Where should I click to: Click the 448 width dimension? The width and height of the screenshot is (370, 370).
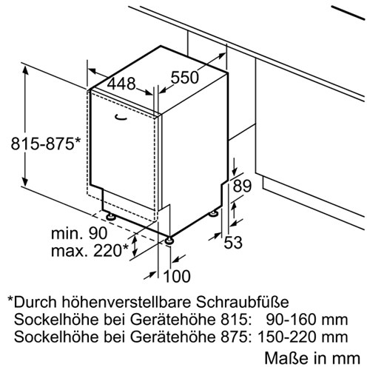(121, 84)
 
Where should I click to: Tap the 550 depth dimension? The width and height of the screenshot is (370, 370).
(185, 77)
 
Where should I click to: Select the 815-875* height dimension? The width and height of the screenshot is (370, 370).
(46, 144)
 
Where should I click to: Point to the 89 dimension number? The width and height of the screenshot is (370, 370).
(242, 186)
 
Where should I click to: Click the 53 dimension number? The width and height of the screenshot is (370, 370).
(233, 242)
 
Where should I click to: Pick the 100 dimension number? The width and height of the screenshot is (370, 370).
(177, 276)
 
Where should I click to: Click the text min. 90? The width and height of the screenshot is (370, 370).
(79, 233)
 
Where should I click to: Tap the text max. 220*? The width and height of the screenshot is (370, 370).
(90, 250)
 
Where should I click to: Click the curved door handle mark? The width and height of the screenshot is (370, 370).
(121, 118)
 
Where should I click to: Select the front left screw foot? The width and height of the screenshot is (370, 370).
(110, 217)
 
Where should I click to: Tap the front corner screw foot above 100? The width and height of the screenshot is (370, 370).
(169, 240)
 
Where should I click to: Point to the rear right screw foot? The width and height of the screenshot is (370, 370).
(213, 214)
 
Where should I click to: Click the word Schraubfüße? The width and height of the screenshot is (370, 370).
(243, 302)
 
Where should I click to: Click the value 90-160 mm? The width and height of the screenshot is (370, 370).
(306, 320)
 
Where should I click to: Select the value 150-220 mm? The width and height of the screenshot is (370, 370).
(303, 337)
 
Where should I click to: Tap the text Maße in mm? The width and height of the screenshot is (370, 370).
(312, 357)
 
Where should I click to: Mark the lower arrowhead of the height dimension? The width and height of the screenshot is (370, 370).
(25, 181)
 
